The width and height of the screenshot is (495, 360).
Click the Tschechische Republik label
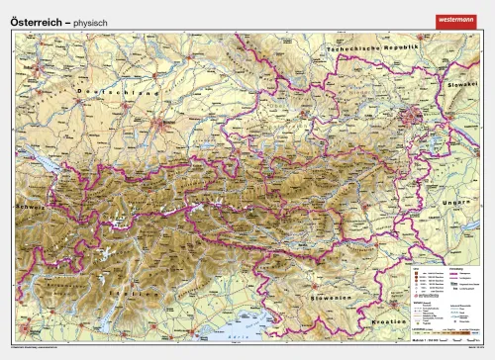(x=373, y=47)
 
